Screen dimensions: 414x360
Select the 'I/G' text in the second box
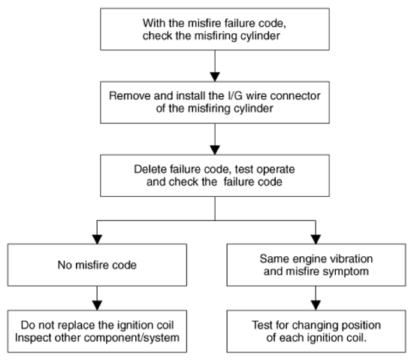click(234, 95)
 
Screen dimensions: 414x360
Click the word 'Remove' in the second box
click(130, 95)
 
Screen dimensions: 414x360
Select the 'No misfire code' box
click(97, 265)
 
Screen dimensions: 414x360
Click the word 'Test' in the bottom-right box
click(262, 325)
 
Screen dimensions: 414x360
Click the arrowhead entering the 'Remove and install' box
click(215, 77)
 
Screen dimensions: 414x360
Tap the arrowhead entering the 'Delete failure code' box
click(215, 150)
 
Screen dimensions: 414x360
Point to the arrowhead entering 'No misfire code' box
click(97, 239)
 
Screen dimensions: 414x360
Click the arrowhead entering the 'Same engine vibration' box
click(316, 239)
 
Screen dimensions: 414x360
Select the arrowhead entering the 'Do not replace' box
click(97, 306)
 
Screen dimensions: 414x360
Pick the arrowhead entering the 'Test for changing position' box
click(316, 306)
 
